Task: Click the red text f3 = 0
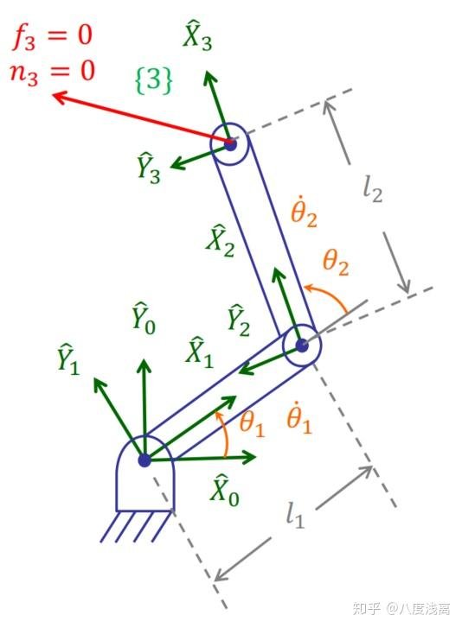[x=53, y=36]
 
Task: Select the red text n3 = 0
[x=52, y=72]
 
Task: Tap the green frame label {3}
[x=154, y=80]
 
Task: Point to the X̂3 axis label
[x=197, y=37]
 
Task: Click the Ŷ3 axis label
[x=149, y=168]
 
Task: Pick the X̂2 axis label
[x=220, y=241]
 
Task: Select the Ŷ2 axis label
[x=239, y=320]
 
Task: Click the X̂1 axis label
[x=199, y=352]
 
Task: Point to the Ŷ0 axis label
[x=144, y=319]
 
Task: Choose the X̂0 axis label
[x=225, y=491]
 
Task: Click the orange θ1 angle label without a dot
[x=253, y=424]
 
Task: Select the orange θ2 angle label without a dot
[x=336, y=263]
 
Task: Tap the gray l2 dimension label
[x=373, y=189]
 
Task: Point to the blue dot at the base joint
[x=144, y=460]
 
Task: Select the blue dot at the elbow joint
[x=302, y=346]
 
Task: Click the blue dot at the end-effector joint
[x=230, y=144]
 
